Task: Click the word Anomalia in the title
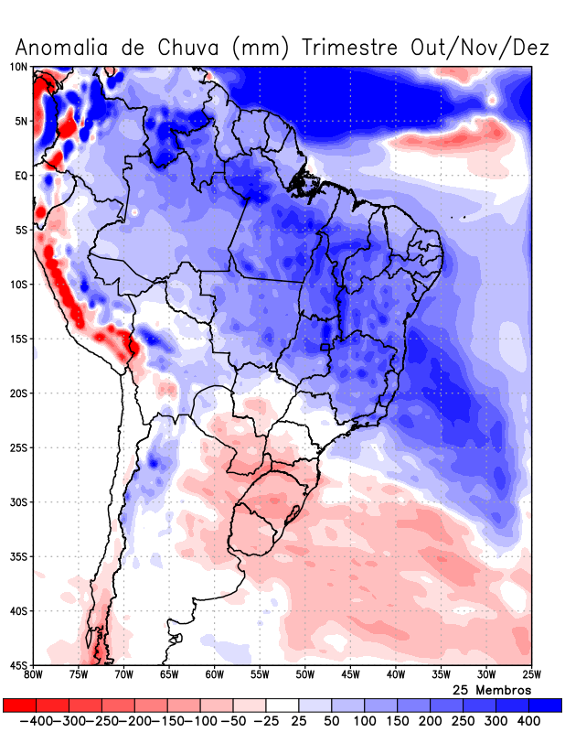click(x=61, y=47)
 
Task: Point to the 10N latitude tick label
click(x=18, y=67)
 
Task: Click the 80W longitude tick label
click(x=34, y=675)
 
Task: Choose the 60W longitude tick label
click(x=214, y=675)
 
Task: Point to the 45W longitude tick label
click(x=350, y=675)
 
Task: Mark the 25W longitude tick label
click(x=530, y=675)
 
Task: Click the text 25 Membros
click(x=492, y=690)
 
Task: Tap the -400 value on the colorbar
click(x=34, y=721)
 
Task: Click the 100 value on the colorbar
click(x=365, y=721)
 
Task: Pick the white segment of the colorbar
click(x=282, y=705)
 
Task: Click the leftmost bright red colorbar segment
click(x=18, y=705)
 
